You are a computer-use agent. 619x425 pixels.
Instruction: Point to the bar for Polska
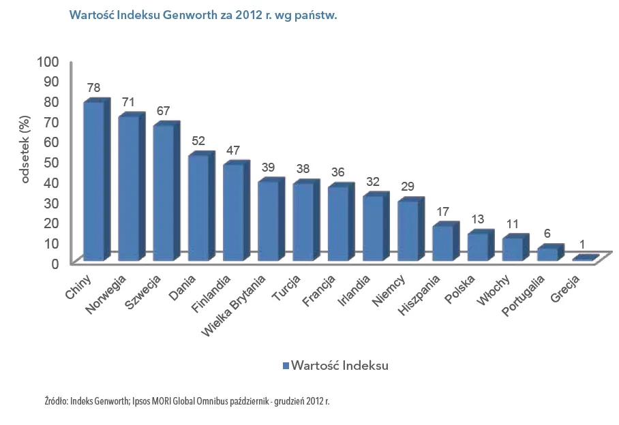[478, 247]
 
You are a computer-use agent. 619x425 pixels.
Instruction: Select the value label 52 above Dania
[198, 141]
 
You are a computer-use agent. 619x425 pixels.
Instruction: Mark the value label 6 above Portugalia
[547, 232]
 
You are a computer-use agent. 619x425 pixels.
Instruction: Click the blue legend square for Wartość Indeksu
[286, 366]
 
